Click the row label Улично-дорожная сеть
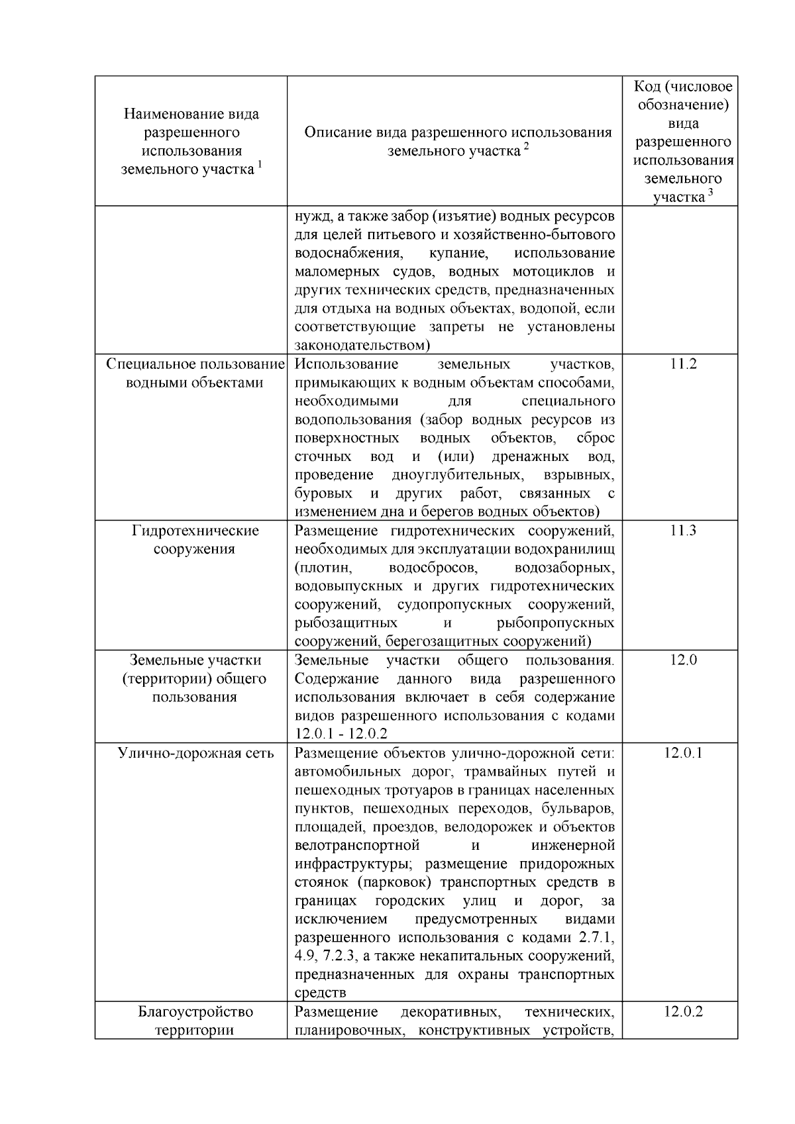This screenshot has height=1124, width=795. pyautogui.click(x=195, y=753)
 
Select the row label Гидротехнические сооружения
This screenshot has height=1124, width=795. pyautogui.click(x=195, y=540)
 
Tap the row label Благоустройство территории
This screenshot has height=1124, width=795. pyautogui.click(x=195, y=1021)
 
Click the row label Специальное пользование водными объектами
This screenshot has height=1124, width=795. pyautogui.click(x=195, y=374)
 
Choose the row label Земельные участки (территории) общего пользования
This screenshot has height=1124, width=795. pyautogui.click(x=195, y=678)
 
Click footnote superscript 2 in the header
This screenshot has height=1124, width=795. pyautogui.click(x=526, y=146)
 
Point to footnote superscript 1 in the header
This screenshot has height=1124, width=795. pyautogui.click(x=260, y=165)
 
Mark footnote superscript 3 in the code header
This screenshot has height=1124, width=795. pyautogui.click(x=710, y=193)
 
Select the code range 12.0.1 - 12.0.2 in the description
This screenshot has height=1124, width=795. pyautogui.click(x=341, y=734)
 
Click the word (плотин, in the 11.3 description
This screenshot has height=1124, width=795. pyautogui.click(x=323, y=568)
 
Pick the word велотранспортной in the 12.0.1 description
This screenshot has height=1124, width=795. pyautogui.click(x=357, y=845)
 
